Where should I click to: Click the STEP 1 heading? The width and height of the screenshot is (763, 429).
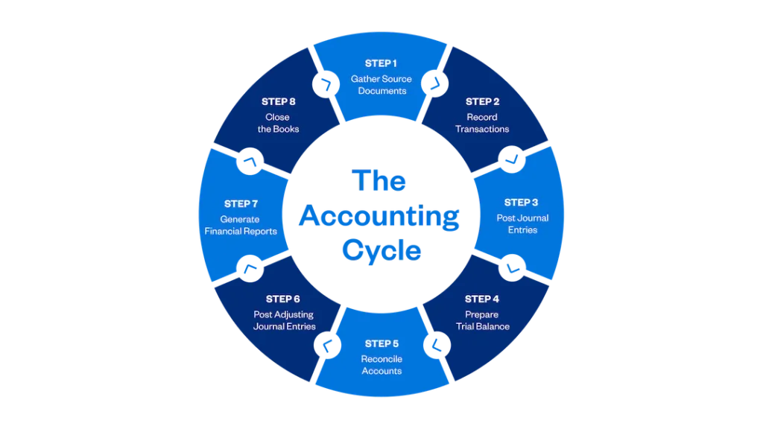(381, 63)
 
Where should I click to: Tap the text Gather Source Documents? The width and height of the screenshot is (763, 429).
(381, 85)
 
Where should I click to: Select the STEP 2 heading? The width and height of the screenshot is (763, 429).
(482, 101)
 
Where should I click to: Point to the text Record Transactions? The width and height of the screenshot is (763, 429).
(482, 123)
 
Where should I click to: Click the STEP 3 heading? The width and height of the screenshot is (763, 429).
(521, 203)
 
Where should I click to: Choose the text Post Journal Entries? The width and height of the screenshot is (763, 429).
(522, 224)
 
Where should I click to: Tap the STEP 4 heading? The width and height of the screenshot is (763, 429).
(482, 299)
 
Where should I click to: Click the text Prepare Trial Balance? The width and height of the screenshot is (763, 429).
(482, 320)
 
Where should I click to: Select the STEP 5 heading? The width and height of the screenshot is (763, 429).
(381, 344)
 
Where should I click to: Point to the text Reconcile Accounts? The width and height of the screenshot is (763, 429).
(381, 365)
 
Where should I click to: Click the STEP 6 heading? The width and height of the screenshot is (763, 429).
(283, 299)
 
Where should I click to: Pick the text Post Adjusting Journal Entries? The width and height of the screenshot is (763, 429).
(284, 320)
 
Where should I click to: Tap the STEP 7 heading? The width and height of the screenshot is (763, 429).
(241, 203)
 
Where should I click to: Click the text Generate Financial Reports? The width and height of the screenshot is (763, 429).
(241, 225)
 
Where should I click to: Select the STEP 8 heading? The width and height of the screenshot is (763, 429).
(279, 101)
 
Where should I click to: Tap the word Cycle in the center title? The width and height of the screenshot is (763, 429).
(381, 250)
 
